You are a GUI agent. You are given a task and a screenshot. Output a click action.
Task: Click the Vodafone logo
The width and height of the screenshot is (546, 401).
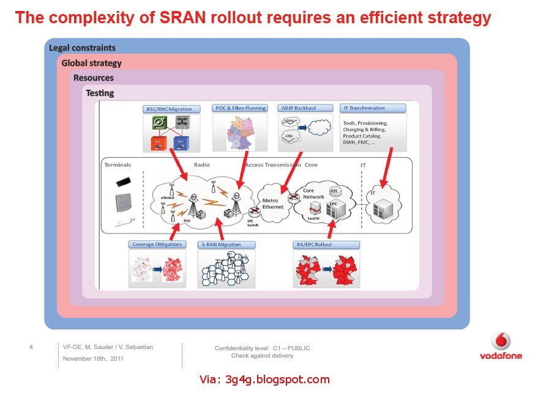[501, 346]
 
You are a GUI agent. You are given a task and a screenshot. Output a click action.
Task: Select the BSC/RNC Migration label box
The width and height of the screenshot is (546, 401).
[168, 109]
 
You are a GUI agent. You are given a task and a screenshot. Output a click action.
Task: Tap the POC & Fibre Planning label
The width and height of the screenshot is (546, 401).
[241, 108]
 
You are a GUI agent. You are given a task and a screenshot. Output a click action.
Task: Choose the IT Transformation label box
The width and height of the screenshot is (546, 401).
[373, 108]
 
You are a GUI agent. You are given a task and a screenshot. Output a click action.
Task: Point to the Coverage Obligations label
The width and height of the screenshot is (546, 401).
[157, 245]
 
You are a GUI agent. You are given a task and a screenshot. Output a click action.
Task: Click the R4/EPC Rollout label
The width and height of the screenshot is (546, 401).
[327, 245]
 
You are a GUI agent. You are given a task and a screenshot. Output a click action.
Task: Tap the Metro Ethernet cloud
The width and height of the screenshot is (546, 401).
[274, 203]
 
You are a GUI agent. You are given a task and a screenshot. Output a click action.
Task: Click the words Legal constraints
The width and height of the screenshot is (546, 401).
[82, 48]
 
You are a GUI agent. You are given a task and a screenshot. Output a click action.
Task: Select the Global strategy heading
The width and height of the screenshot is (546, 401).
[91, 63]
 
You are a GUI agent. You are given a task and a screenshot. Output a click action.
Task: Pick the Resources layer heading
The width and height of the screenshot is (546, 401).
[93, 78]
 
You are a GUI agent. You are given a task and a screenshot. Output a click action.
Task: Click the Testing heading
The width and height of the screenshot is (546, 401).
[100, 94]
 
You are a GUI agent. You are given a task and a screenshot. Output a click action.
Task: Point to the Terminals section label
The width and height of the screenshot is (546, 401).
[118, 165]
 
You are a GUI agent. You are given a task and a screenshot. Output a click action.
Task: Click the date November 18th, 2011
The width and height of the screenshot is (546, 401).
[93, 359]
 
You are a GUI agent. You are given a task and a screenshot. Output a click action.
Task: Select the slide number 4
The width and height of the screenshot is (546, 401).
[31, 347]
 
